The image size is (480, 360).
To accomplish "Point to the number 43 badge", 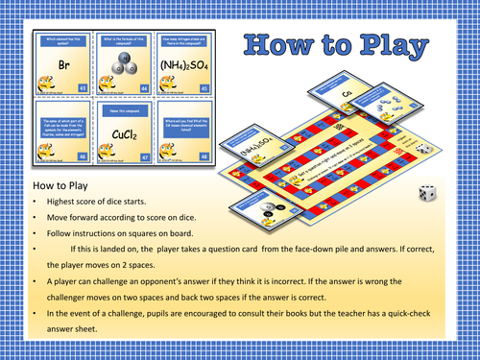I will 83,88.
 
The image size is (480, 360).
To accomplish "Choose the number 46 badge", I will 83,153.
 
